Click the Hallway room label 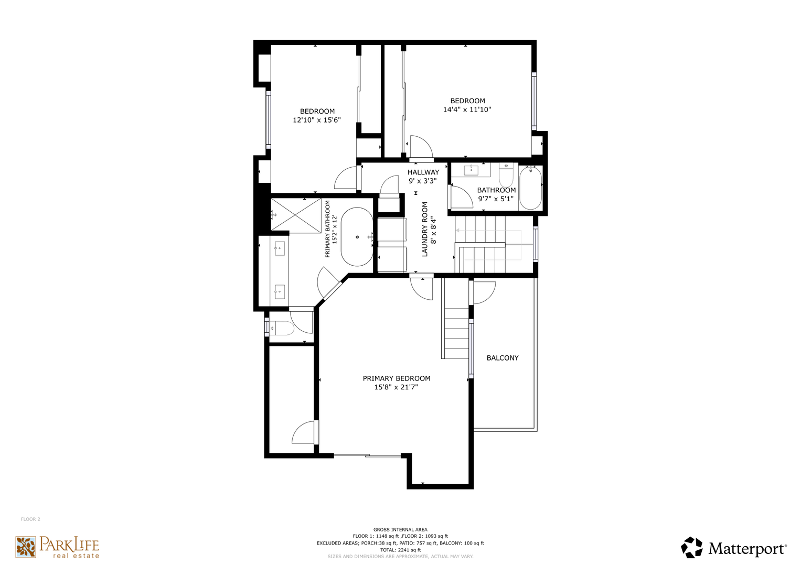click(x=423, y=172)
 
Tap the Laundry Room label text click(x=425, y=230)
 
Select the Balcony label click(x=503, y=358)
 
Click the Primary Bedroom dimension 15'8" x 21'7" click(x=396, y=387)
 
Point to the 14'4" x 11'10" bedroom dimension click(x=467, y=110)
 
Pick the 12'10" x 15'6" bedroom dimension click(x=317, y=120)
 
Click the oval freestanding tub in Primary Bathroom click(x=357, y=237)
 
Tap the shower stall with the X click(x=296, y=216)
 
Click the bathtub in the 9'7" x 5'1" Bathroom click(x=531, y=188)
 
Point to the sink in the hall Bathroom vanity click(x=471, y=170)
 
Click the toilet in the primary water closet click(x=281, y=328)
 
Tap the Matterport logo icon click(x=691, y=547)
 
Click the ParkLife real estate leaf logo click(x=26, y=547)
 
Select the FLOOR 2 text click(x=30, y=519)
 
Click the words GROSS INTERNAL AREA click(x=400, y=529)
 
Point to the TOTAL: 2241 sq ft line click(x=400, y=550)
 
